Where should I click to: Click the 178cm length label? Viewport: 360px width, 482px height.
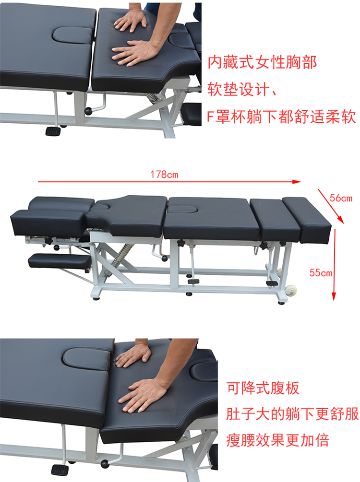tap(164, 175)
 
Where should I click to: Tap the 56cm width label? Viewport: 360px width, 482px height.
tap(341, 198)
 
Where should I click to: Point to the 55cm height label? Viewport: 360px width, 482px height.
tap(321, 273)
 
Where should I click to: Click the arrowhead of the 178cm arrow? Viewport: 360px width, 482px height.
tap(297, 182)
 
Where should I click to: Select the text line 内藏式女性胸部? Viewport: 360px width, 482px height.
tap(262, 63)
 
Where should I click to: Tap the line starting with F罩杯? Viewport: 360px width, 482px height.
tap(281, 117)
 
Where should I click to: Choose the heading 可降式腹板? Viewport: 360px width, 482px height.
tap(263, 388)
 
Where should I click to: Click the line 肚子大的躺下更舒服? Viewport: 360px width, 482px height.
tap(292, 414)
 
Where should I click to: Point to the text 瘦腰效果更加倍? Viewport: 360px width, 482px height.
tap(278, 440)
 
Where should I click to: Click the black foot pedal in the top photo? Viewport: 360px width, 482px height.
tap(53, 131)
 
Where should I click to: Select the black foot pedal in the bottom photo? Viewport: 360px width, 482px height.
tap(60, 470)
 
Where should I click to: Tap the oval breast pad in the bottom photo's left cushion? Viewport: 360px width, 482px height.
tap(86, 360)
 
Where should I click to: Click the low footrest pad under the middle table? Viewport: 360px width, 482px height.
tap(60, 261)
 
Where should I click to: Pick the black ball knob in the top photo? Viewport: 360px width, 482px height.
tap(88, 111)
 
